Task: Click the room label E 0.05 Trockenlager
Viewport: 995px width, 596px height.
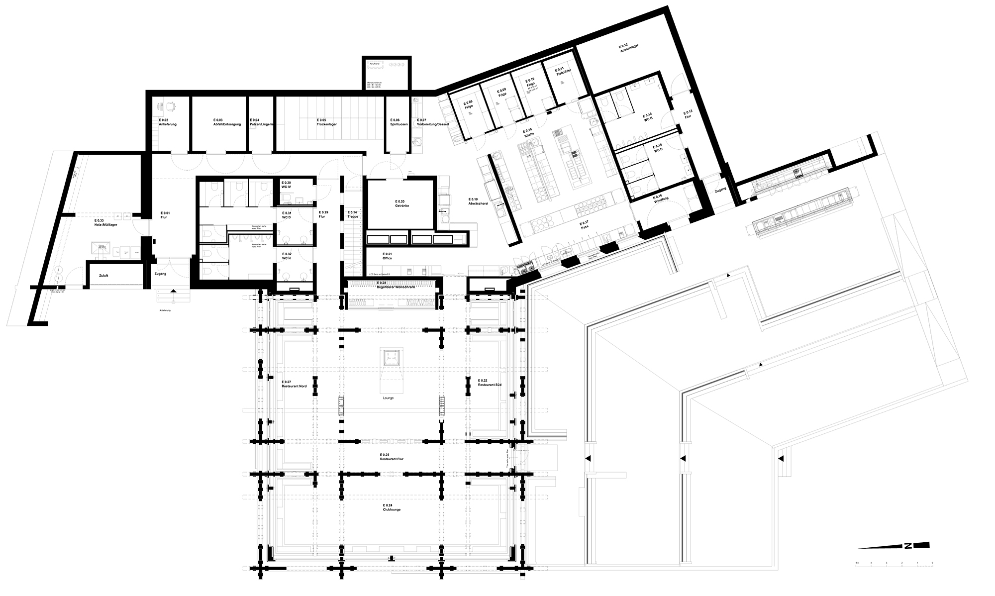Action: (x=326, y=122)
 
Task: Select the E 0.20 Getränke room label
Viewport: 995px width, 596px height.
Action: (x=401, y=203)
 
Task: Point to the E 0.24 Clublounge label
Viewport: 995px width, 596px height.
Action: (x=392, y=507)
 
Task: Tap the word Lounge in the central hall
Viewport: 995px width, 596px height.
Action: (x=388, y=398)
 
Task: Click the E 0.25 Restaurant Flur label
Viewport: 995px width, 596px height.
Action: (x=392, y=457)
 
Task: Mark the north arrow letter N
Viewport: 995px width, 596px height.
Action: (x=908, y=546)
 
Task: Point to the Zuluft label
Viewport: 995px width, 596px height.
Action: (x=103, y=275)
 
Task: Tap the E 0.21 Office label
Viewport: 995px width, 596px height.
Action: (x=387, y=256)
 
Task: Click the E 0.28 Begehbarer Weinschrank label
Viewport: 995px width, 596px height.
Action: (x=392, y=284)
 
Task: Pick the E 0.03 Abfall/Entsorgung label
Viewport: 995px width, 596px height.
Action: (x=227, y=122)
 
